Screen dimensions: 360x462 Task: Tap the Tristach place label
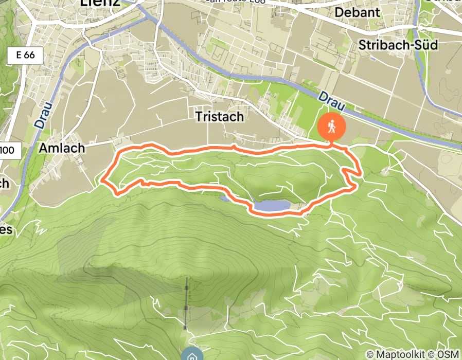220,117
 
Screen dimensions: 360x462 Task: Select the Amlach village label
61,148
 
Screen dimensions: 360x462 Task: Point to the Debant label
364,12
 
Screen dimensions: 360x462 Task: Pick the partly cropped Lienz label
100,3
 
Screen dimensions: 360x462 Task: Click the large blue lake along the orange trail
271,206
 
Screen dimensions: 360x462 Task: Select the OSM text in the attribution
448,354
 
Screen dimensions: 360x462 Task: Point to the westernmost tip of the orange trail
102,181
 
